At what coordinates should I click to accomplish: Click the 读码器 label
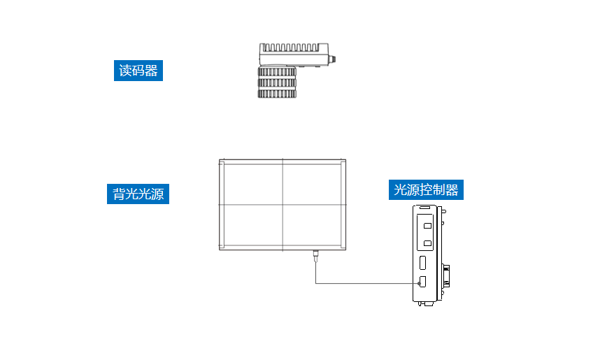pos(138,71)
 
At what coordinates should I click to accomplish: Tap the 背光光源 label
pos(138,194)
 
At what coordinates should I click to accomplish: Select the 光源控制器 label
pos(427,189)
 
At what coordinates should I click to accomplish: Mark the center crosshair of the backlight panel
pos(283,205)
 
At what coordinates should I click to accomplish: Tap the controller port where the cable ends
pos(423,282)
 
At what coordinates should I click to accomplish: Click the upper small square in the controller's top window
pos(427,226)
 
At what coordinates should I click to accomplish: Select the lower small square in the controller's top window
pos(427,243)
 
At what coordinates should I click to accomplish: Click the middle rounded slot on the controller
pos(423,263)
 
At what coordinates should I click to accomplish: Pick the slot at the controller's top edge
pos(425,208)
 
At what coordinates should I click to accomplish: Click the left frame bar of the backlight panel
pos(221,205)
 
